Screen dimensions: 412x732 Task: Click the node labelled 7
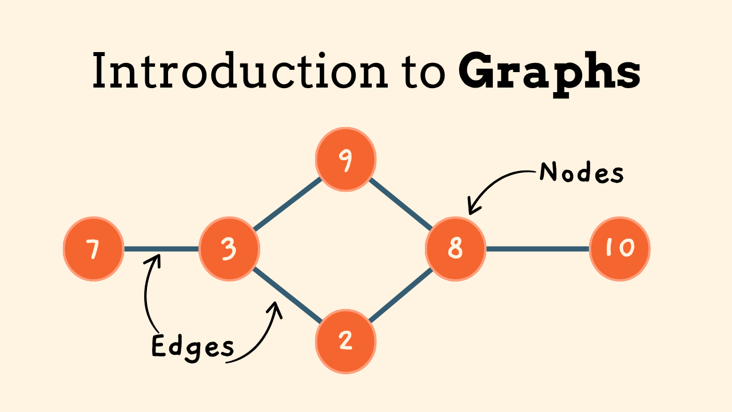93,249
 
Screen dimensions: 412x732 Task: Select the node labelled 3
229,249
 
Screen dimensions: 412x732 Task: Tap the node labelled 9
345,159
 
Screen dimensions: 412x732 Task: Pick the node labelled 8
455,249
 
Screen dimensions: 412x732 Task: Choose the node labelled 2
345,341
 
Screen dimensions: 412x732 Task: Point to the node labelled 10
619,249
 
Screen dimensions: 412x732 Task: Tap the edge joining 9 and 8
400,203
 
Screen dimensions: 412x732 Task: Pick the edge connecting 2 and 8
400,295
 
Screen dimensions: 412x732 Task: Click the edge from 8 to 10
538,249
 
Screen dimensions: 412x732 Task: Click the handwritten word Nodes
581,172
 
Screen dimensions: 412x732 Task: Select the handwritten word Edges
192,347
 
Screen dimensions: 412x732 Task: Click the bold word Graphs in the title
549,72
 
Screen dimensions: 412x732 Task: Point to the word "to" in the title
425,72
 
